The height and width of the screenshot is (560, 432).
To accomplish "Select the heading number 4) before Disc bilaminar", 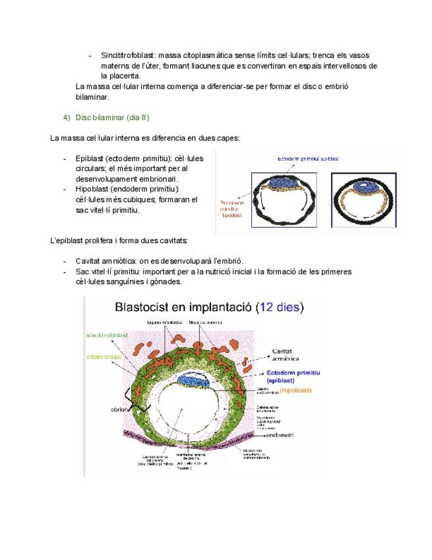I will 66,118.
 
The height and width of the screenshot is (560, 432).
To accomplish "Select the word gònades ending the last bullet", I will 164,281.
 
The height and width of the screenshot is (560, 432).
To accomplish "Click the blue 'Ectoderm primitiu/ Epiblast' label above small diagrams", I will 308,158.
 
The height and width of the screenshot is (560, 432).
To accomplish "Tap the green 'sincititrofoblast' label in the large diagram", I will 108,335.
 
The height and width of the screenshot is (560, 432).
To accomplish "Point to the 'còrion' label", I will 119,409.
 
